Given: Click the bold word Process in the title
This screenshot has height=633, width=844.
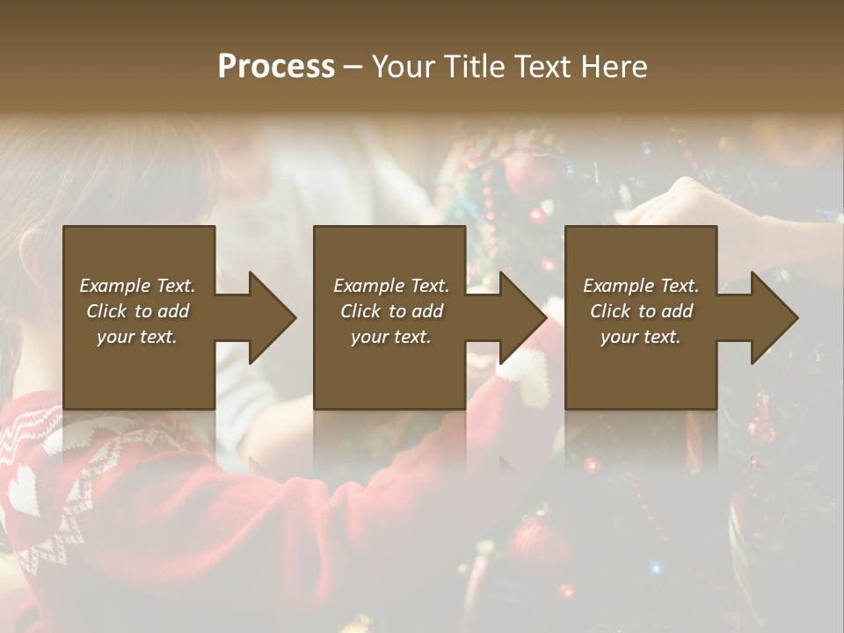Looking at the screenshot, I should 276,67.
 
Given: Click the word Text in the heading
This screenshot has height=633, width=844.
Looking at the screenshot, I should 542,67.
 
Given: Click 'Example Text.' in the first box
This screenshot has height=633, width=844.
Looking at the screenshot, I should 137,286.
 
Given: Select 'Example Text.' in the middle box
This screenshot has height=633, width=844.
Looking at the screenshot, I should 390,286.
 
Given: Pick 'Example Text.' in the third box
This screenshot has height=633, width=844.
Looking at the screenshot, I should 640,286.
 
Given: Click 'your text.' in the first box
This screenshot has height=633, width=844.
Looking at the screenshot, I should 137,337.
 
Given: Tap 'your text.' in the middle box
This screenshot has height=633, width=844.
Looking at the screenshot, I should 390,337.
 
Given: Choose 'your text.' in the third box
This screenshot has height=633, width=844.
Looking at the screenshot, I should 640,337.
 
